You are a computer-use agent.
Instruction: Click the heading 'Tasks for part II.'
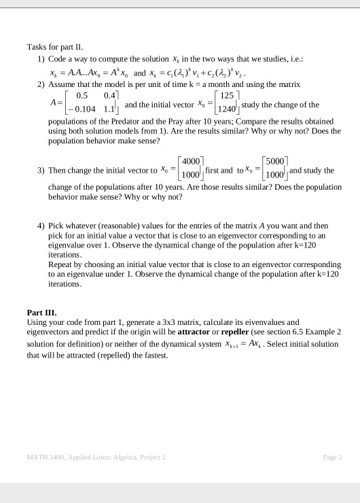(x=54, y=47)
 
